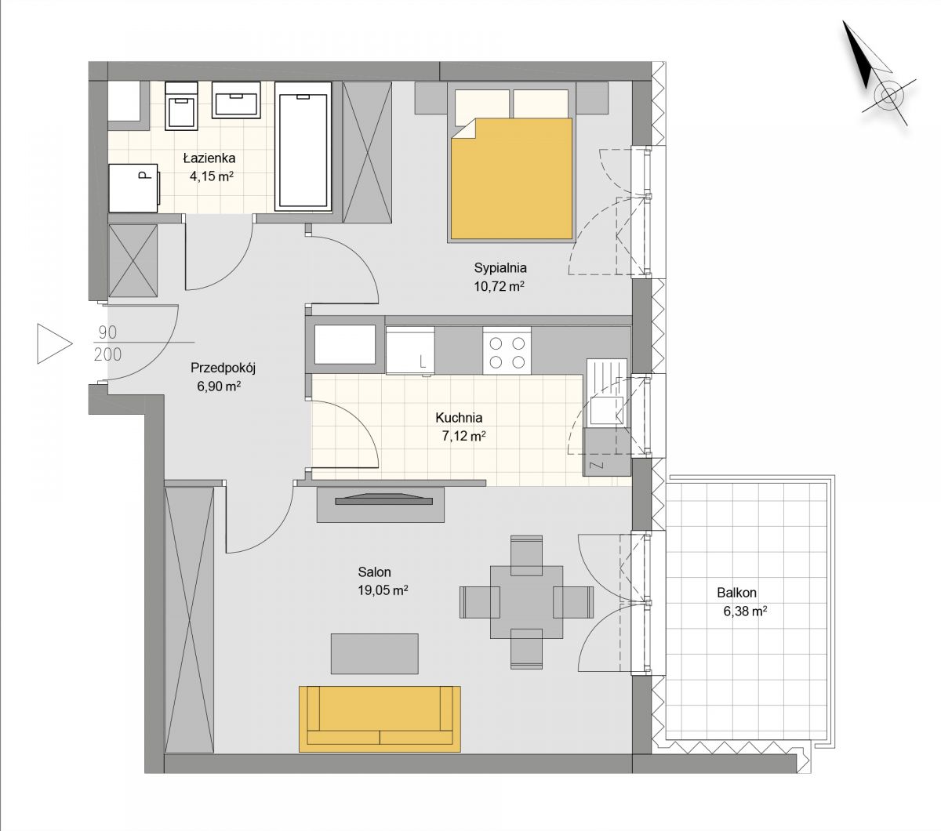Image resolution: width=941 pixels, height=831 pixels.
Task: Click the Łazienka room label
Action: pos(209,158)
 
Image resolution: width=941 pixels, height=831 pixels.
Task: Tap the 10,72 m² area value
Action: pos(499,286)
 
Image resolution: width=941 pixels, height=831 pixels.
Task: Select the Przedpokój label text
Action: pos(223,368)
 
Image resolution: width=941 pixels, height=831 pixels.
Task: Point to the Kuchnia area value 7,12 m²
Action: pos(464,436)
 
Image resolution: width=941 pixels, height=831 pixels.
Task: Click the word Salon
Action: pos(374,572)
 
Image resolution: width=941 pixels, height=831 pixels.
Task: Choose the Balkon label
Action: pos(736,593)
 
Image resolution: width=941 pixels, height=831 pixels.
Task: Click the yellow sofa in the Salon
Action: pos(380,719)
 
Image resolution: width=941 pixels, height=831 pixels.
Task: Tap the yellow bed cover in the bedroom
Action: pos(511,179)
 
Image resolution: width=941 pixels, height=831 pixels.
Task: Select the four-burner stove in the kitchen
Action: pos(507,351)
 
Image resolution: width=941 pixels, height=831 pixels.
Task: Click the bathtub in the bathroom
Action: pos(303,147)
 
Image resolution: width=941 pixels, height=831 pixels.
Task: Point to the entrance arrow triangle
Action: pos(55,343)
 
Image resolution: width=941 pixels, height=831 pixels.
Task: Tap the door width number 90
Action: pos(107,332)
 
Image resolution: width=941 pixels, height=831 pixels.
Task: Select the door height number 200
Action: pos(107,354)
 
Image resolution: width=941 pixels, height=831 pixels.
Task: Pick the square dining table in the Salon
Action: pos(526,602)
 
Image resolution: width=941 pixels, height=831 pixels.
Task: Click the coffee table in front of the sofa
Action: pos(374,654)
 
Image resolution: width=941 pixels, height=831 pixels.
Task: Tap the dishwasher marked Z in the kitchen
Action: pos(607,452)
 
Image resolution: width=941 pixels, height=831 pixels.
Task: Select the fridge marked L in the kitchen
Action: pos(410,350)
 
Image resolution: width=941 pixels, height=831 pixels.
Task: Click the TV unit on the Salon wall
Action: pos(380,503)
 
